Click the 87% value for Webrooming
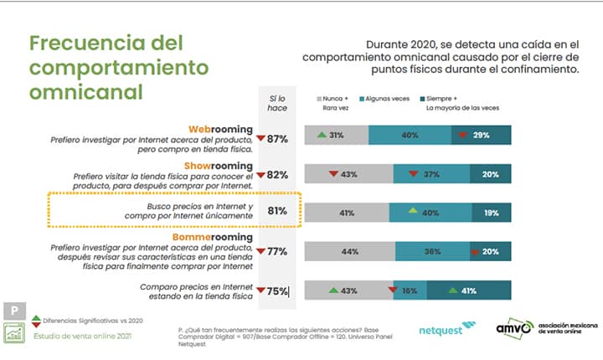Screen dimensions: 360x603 [277, 138]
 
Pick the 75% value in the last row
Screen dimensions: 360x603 [277, 291]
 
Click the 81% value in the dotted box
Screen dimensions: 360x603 [277, 212]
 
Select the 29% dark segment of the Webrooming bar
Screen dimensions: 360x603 [481, 136]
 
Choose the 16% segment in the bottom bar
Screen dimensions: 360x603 [409, 291]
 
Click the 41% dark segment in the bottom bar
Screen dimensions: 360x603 [470, 291]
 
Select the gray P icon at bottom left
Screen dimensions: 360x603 [13, 310]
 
